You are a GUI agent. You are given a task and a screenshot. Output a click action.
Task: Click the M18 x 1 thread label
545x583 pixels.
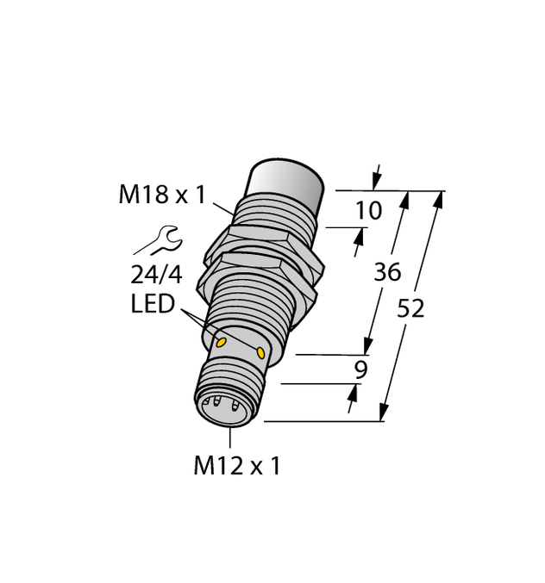pos(161,195)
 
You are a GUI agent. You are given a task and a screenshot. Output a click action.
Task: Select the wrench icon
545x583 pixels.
pos(156,240)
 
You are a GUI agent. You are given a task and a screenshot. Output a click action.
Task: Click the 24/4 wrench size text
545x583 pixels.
pos(156,277)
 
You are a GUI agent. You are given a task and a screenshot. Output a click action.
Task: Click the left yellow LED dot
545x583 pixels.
pos(222,342)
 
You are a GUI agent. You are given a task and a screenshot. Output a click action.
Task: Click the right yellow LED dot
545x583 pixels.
pos(260,350)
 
